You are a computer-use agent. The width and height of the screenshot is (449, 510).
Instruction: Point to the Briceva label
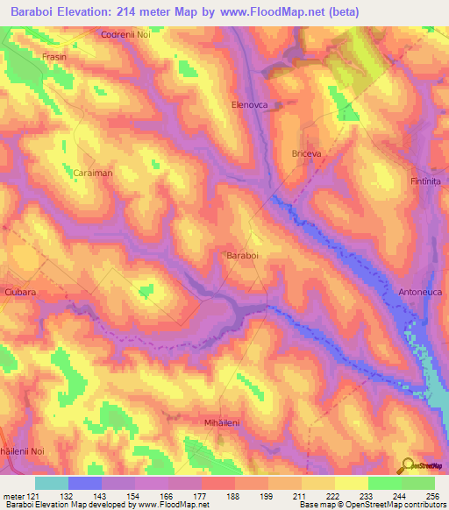click(307, 153)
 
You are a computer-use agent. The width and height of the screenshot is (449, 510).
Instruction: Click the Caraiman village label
click(92, 174)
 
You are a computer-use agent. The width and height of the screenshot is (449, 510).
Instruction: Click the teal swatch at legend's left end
click(52, 483)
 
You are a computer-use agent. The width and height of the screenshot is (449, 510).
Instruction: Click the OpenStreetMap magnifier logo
click(408, 464)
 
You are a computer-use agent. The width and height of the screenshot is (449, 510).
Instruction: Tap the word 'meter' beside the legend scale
click(11, 497)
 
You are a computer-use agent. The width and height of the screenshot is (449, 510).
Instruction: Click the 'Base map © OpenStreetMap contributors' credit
click(372, 506)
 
